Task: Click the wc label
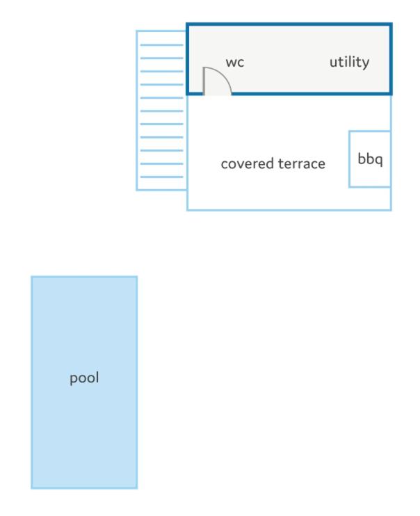click(235, 62)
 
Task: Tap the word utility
click(349, 62)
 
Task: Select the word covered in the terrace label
click(247, 163)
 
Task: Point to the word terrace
click(302, 164)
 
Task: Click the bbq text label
click(370, 159)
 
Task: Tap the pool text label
click(84, 378)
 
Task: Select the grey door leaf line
click(204, 81)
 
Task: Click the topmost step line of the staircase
click(161, 45)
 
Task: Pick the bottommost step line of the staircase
click(161, 177)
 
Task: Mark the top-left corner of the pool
click(32, 277)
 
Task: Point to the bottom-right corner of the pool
click(136, 488)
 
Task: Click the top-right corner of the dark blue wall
click(391, 24)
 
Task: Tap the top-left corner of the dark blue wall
click(188, 24)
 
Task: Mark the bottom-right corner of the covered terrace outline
click(391, 209)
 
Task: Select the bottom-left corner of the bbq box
click(350, 187)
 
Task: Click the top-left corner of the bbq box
click(350, 131)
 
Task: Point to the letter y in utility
click(365, 64)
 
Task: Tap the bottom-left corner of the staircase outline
click(137, 190)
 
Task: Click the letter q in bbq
click(378, 161)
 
